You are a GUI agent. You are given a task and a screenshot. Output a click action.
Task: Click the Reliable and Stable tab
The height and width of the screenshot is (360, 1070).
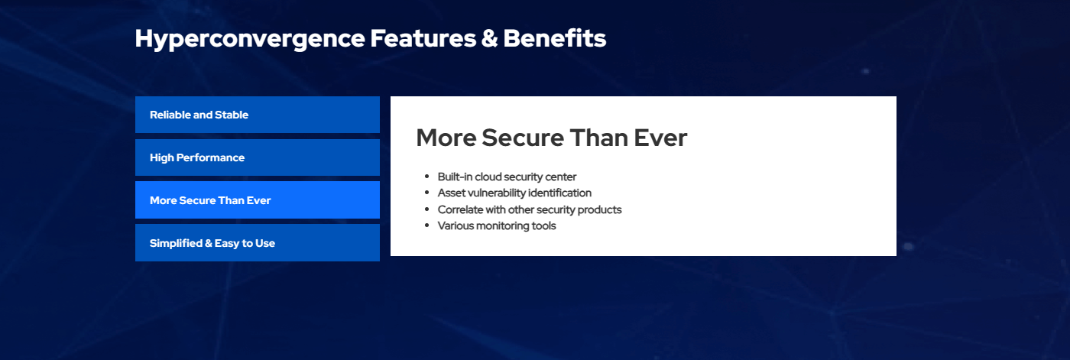[258, 115]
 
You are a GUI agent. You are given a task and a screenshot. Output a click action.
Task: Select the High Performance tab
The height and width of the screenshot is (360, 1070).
[258, 157]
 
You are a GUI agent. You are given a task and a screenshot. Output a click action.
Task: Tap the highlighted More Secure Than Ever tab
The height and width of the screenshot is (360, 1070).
[258, 200]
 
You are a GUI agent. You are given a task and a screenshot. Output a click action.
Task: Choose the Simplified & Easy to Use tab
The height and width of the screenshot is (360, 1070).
[258, 242]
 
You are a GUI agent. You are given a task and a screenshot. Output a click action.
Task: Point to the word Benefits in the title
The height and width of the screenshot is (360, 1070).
[555, 38]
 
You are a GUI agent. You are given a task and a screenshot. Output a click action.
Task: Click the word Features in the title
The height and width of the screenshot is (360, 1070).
[423, 38]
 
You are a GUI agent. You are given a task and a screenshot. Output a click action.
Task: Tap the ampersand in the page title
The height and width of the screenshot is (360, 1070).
[490, 39]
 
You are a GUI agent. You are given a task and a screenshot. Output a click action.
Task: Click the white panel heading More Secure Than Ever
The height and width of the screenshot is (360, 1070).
[552, 138]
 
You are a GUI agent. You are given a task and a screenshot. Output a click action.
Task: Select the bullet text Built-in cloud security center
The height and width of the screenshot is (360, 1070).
[507, 177]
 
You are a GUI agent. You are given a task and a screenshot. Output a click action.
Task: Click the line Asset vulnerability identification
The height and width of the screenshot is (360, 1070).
[514, 193]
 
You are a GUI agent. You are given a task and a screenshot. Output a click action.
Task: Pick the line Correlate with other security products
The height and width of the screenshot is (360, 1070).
[530, 209]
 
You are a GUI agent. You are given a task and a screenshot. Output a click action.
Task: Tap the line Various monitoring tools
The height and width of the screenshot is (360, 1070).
[497, 225]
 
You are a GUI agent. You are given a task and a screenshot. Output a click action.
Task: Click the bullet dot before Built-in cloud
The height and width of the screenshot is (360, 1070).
[427, 177]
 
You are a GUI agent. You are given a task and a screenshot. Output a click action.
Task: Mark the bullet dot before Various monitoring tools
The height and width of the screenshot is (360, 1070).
[427, 225]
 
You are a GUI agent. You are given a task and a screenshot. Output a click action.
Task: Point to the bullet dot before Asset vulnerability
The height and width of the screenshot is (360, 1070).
[427, 193]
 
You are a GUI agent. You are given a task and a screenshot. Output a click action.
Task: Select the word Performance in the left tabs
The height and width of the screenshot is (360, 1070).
[210, 157]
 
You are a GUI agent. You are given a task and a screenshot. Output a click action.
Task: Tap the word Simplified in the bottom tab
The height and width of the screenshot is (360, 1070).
[177, 243]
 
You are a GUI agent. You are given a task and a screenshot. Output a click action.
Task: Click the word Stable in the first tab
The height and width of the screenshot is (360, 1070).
[232, 115]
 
